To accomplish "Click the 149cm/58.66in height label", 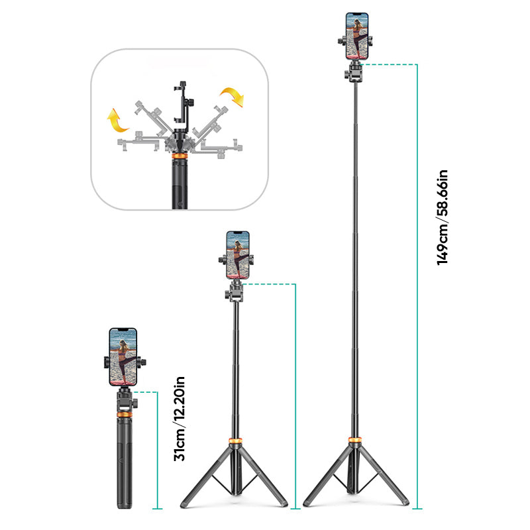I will coord(443,218).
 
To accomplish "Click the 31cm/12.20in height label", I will coord(180,419).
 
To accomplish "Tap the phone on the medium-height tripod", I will coord(238,254).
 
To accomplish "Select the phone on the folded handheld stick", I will coord(123,356).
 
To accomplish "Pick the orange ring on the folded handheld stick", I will coord(123,414).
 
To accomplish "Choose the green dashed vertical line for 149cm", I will coord(417,285).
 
